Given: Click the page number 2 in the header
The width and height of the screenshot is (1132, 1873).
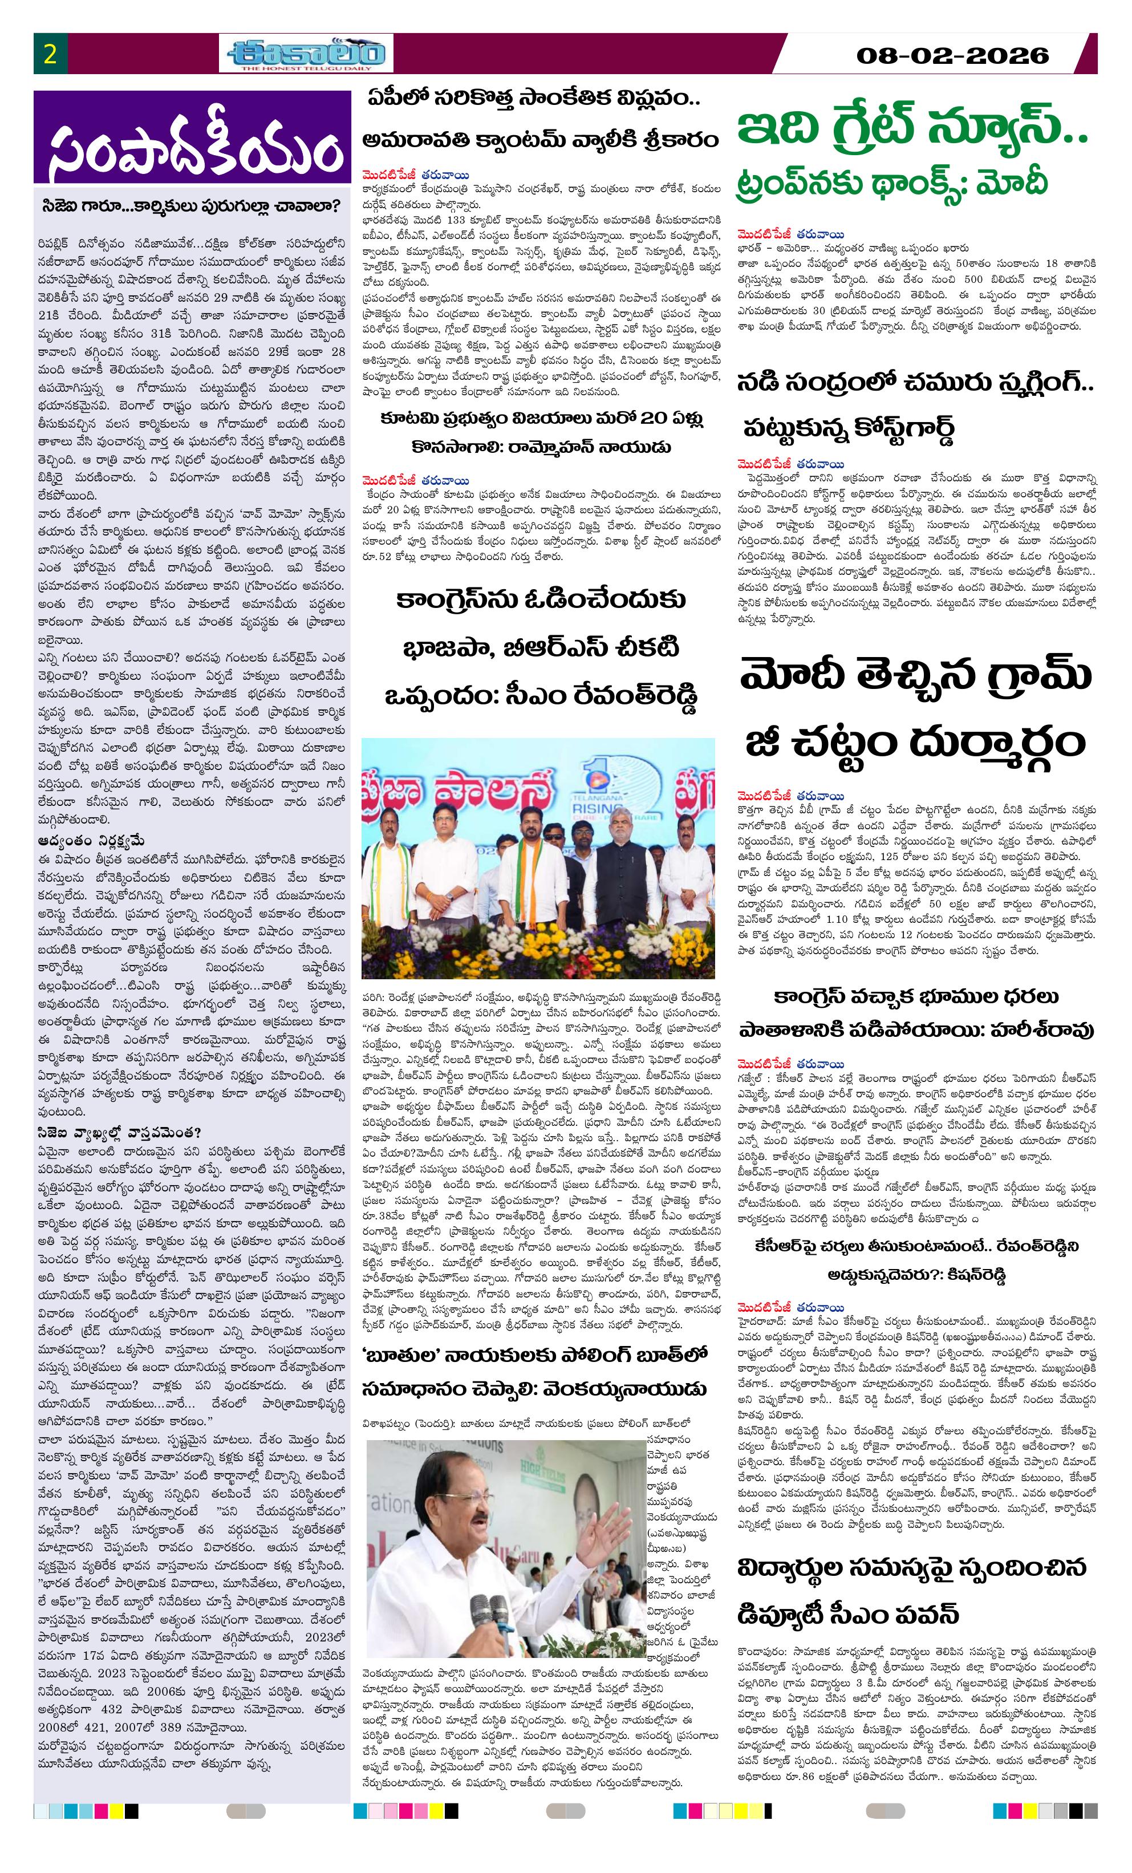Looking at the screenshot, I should [x=50, y=55].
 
